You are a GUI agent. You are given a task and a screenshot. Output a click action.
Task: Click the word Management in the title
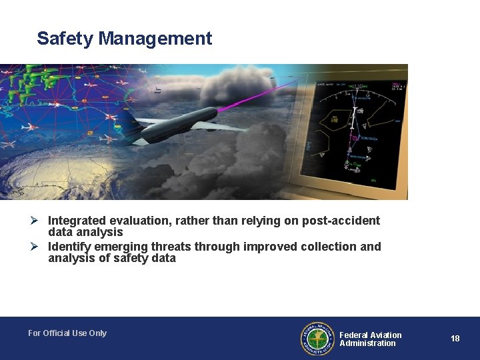point(155,39)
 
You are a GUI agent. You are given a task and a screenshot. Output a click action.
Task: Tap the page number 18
point(455,339)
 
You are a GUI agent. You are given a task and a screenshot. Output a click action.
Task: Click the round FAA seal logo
point(317,339)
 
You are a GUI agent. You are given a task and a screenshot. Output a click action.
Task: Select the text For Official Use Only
point(67,333)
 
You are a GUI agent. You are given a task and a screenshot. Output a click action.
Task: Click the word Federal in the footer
point(354,335)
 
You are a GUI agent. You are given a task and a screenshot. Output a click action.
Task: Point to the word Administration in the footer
point(367,343)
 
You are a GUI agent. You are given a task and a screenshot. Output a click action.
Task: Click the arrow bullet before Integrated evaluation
point(41,221)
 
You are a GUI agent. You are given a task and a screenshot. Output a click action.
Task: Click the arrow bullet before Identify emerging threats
point(41,247)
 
